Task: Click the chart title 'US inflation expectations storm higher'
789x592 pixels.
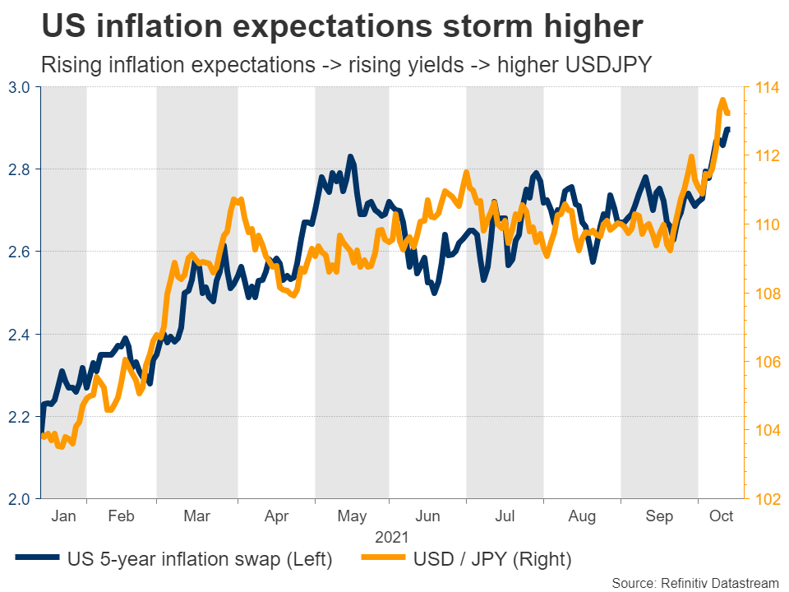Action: tap(341, 27)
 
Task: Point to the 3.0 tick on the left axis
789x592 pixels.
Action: tap(20, 87)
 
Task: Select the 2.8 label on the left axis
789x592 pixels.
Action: tap(20, 169)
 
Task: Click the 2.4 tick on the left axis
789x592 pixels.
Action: tap(20, 335)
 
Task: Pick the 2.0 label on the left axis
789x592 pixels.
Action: tap(20, 499)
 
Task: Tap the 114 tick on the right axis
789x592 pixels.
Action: tap(765, 87)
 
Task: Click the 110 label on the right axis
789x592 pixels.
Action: tap(765, 224)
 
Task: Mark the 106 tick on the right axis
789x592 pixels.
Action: tap(765, 362)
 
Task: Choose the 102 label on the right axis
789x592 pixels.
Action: tap(765, 499)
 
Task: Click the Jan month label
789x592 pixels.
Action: tap(63, 516)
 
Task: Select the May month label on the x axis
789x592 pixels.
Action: tap(353, 516)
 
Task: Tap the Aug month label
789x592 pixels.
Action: tap(582, 516)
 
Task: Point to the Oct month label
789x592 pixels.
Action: tap(721, 516)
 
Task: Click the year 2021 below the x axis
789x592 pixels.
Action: tap(392, 538)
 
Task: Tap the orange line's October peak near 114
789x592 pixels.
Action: tap(723, 100)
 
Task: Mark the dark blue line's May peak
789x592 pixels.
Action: tap(350, 156)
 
